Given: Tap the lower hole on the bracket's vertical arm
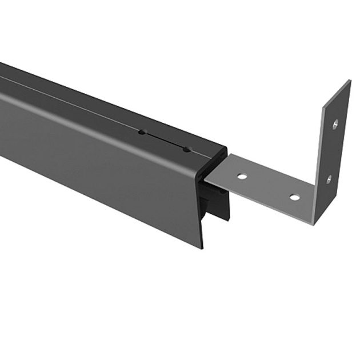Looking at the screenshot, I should tap(329, 179).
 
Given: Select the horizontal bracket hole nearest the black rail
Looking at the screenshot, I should tap(242, 177).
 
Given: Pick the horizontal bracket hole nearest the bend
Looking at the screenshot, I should tap(294, 197).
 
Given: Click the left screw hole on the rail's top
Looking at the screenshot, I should tap(141, 133).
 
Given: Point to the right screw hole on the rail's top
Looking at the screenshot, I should tap(186, 149).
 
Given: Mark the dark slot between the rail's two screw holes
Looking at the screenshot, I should tap(164, 141).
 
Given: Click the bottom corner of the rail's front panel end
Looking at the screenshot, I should tap(202, 247).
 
